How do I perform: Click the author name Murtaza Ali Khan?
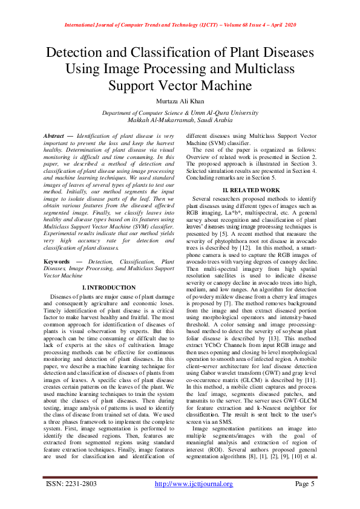180,100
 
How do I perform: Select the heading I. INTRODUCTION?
109,287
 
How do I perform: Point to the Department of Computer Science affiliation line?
180,113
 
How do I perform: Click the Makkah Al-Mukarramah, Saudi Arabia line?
180,120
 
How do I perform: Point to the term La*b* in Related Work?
229,215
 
